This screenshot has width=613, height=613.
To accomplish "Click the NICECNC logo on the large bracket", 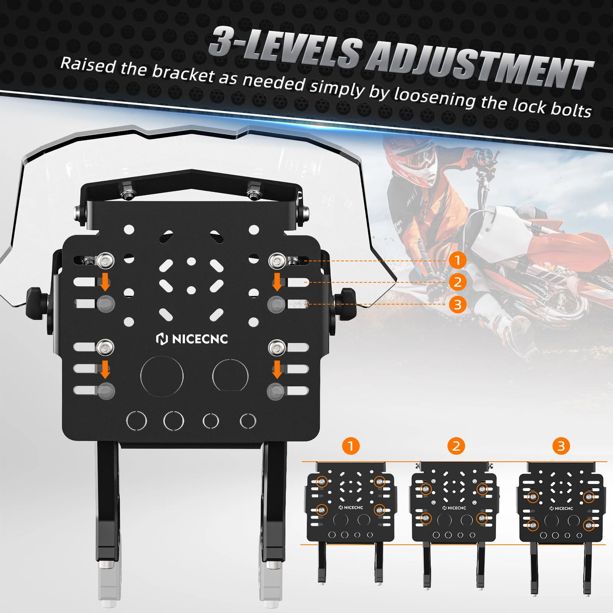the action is (192, 339).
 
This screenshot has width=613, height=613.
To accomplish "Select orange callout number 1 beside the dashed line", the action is (458, 261).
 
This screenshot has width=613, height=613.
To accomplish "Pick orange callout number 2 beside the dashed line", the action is (458, 282).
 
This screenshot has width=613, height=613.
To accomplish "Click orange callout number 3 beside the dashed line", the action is (458, 304).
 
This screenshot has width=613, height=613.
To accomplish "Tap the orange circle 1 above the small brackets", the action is (351, 446).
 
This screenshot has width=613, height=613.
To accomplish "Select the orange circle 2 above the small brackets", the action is (456, 446).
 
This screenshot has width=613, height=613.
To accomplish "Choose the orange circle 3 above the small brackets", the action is (561, 446).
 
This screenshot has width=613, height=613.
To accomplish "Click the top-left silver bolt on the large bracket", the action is (106, 261).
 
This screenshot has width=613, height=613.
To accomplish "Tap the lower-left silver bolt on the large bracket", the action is (106, 347).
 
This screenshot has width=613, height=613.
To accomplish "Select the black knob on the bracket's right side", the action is (345, 303).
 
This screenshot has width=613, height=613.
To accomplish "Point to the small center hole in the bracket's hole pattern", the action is (191, 290).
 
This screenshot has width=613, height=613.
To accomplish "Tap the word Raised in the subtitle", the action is (88, 66).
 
